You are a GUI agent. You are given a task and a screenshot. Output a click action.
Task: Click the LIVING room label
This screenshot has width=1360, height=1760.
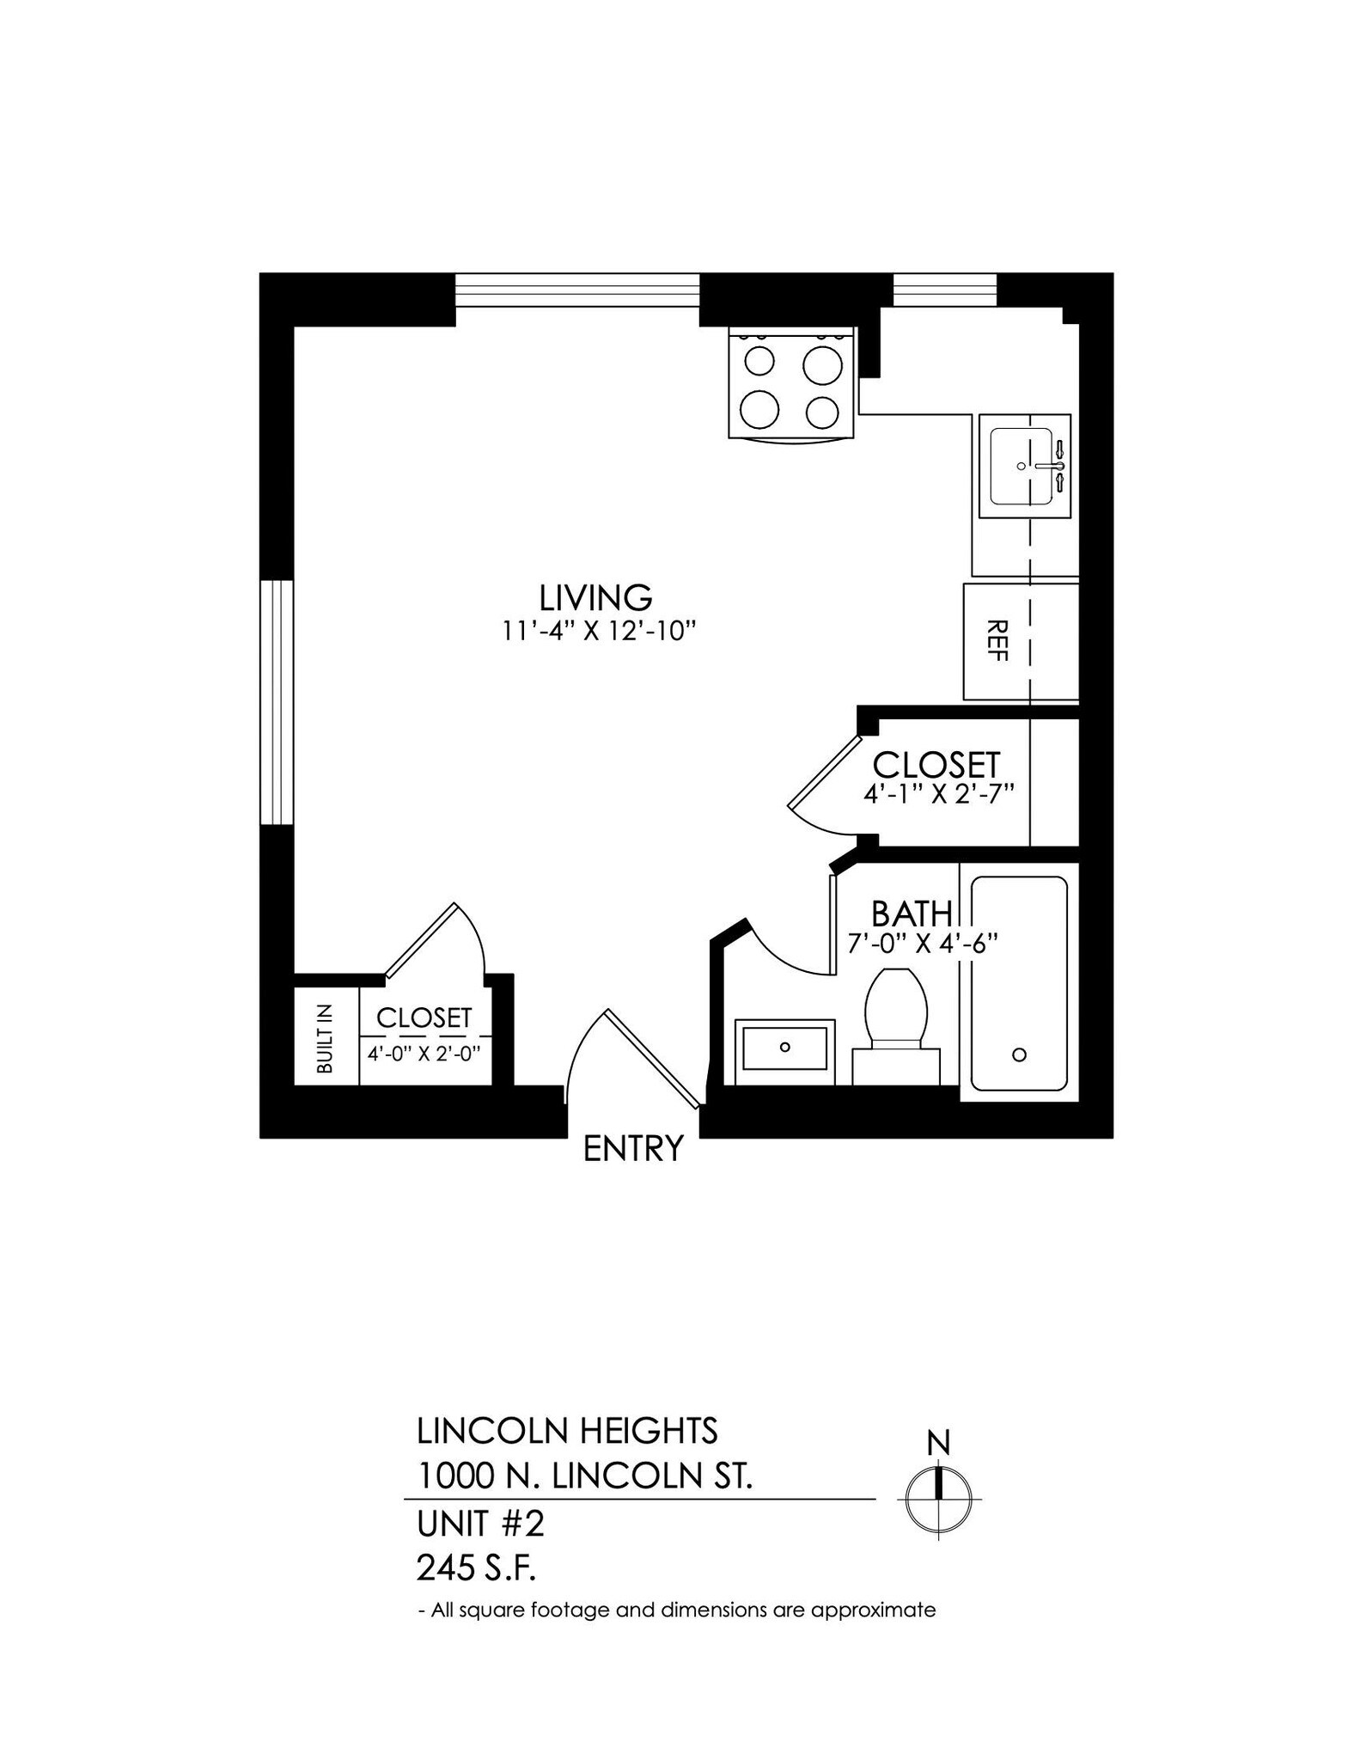595,596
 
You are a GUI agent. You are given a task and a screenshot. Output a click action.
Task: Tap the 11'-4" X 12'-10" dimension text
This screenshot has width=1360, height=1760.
598,632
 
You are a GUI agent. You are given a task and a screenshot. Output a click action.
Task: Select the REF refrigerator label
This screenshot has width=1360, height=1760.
997,640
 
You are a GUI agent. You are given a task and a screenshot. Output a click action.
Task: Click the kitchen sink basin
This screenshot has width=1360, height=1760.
1021,466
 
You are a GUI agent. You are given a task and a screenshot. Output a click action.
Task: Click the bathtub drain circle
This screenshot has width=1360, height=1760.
1020,1054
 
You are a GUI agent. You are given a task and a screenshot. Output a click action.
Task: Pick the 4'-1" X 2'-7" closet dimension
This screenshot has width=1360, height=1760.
939,792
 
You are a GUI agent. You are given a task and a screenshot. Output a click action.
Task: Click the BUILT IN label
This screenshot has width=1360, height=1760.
325,1039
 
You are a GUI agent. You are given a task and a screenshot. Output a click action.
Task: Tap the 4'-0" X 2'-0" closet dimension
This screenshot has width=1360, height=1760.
424,1053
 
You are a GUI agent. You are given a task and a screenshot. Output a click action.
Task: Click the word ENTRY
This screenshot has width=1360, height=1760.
633,1148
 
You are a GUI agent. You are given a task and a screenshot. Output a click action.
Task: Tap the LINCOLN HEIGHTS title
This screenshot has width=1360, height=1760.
567,1431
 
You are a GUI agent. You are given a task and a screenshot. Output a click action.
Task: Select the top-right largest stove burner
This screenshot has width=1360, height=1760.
823,364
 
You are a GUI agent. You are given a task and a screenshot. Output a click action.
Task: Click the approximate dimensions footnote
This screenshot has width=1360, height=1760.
676,1610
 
